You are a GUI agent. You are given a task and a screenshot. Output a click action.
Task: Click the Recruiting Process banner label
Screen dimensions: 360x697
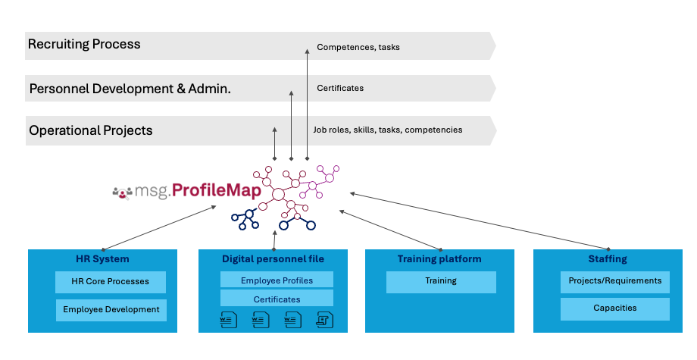tap(84, 44)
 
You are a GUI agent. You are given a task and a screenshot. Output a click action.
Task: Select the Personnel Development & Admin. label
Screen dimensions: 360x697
tap(130, 89)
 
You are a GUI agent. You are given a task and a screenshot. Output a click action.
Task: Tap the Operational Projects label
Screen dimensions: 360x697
tap(90, 130)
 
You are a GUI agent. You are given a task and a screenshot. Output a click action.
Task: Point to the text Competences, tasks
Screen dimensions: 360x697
tap(358, 47)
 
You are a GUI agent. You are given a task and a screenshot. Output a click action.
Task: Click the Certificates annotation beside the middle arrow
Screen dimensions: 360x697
tap(339, 88)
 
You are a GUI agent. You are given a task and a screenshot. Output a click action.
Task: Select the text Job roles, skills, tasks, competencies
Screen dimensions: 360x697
tap(387, 130)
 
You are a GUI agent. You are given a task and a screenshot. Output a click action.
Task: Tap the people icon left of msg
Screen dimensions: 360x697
tap(121, 193)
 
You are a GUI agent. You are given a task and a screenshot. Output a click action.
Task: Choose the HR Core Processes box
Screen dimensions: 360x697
tap(110, 281)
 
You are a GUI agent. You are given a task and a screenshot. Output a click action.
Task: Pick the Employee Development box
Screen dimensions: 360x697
tap(111, 309)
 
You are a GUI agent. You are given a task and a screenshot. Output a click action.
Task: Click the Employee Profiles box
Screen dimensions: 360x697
tap(277, 280)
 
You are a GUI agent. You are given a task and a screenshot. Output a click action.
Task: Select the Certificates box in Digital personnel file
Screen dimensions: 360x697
tap(277, 299)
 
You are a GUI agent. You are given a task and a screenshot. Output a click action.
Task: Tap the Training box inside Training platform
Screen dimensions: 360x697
tap(440, 281)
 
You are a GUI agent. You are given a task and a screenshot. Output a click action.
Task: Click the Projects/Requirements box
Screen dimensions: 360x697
tap(614, 281)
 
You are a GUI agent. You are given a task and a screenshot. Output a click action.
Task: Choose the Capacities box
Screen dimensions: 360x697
tap(614, 308)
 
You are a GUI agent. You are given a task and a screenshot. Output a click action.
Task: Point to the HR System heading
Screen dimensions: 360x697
tap(102, 259)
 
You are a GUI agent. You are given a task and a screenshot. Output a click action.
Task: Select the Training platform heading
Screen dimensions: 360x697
tap(439, 259)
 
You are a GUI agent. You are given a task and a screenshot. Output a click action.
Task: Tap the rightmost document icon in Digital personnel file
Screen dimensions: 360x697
tap(323, 319)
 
